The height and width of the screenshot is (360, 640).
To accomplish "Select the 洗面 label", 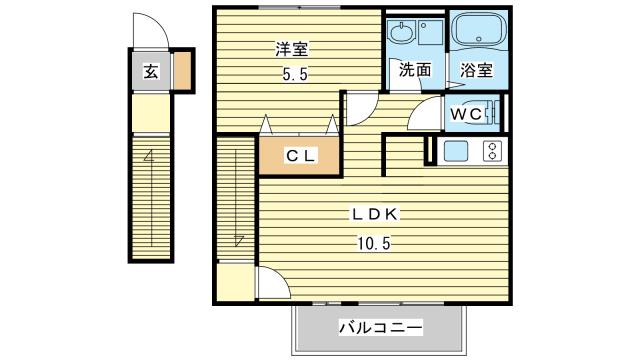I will [416, 70].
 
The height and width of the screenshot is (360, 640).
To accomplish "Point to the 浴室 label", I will [476, 70].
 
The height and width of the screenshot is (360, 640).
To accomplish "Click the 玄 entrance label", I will [149, 71].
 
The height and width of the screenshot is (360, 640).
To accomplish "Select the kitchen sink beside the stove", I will [456, 151].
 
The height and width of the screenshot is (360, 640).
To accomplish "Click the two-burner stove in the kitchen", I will [492, 151].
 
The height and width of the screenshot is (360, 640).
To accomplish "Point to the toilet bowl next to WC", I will [489, 114].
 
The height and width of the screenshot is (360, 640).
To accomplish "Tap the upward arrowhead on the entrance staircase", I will [149, 156].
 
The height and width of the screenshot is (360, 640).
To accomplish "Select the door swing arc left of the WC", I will [426, 112].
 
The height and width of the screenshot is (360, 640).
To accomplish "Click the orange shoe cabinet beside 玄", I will [184, 71].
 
